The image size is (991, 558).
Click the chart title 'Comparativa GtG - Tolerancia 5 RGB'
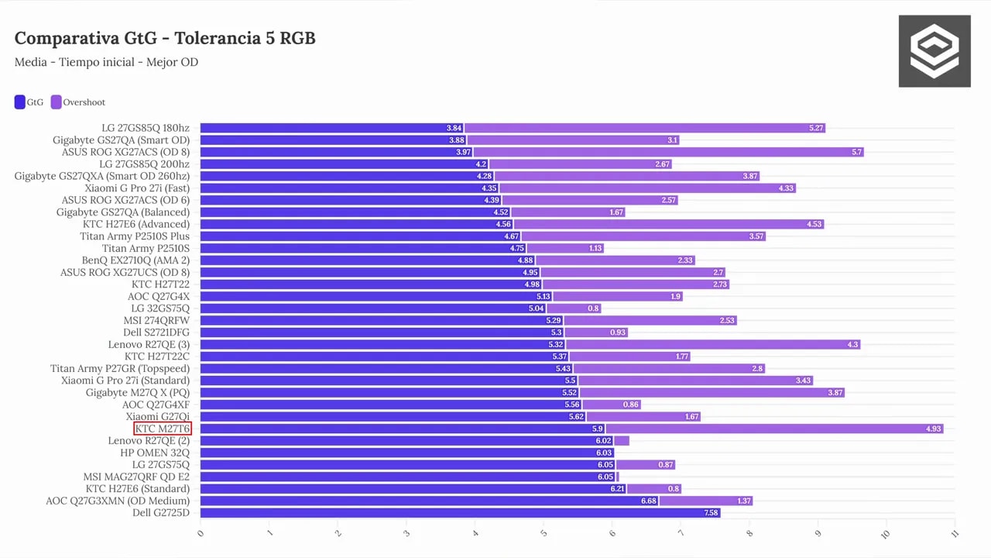pyautogui.click(x=165, y=38)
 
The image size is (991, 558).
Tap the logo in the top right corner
pyautogui.click(x=934, y=51)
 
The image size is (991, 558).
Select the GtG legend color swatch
pyautogui.click(x=19, y=102)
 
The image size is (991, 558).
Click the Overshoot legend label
pyautogui.click(x=84, y=102)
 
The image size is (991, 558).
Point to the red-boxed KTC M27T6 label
pyautogui.click(x=163, y=429)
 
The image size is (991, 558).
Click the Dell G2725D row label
pyautogui.click(x=161, y=513)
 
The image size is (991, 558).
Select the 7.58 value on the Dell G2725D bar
pyautogui.click(x=711, y=513)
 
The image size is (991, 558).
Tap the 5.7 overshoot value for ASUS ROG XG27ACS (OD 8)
pyautogui.click(x=856, y=153)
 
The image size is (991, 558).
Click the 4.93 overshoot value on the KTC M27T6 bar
pyautogui.click(x=934, y=429)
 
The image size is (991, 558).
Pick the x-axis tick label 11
pyautogui.click(x=955, y=534)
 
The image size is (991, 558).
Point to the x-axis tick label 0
pyautogui.click(x=201, y=533)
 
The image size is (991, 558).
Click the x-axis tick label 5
pyautogui.click(x=544, y=533)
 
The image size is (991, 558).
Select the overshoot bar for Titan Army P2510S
pyautogui.click(x=565, y=249)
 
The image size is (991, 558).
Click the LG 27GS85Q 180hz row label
pyautogui.click(x=146, y=128)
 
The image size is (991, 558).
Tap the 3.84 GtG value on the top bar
pyautogui.click(x=454, y=128)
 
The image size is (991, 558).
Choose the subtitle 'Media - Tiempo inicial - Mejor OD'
pyautogui.click(x=106, y=62)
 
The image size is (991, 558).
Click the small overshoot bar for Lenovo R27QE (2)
pyautogui.click(x=622, y=441)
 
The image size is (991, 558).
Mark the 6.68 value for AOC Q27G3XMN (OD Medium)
pyautogui.click(x=649, y=501)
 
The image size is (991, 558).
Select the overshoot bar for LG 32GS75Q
pyautogui.click(x=574, y=308)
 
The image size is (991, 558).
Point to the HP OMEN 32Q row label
pyautogui.click(x=155, y=453)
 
